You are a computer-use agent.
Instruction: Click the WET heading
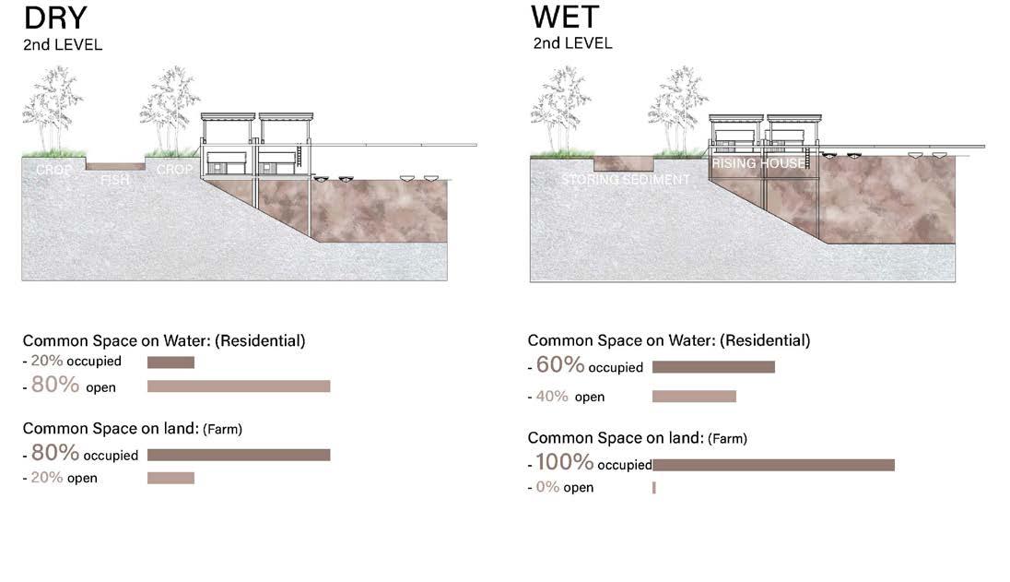point(565,18)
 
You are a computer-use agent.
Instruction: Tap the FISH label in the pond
point(115,180)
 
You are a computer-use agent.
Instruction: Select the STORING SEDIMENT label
point(625,180)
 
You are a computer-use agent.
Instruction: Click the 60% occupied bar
point(713,367)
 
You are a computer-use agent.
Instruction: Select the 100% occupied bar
point(773,465)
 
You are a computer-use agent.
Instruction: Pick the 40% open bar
point(694,397)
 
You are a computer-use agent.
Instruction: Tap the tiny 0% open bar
point(653,487)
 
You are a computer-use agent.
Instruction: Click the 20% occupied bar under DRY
point(170,362)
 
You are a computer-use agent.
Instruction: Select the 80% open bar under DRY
point(239,386)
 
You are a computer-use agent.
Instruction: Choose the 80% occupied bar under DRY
point(239,455)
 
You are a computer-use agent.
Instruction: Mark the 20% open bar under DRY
point(170,478)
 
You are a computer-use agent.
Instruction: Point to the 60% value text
point(560,365)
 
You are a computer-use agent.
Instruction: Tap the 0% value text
point(548,487)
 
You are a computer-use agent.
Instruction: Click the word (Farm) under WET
point(728,439)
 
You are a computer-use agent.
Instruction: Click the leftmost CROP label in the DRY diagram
point(53,171)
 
